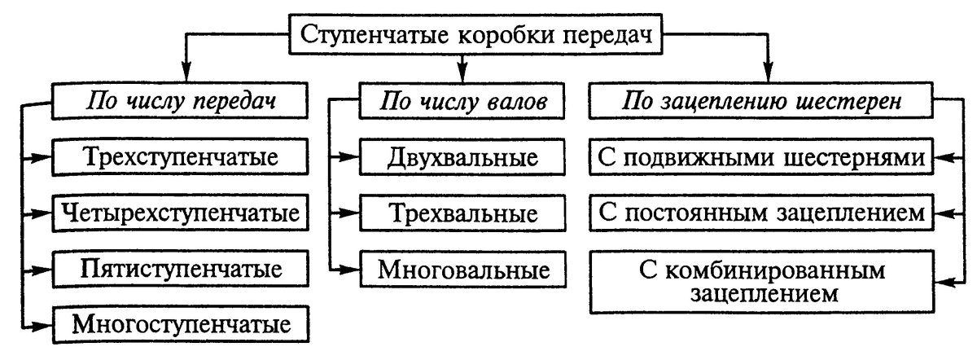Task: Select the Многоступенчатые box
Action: click(x=181, y=324)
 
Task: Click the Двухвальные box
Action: click(x=462, y=157)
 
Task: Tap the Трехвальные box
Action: click(x=462, y=213)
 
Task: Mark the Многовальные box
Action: click(x=462, y=268)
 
